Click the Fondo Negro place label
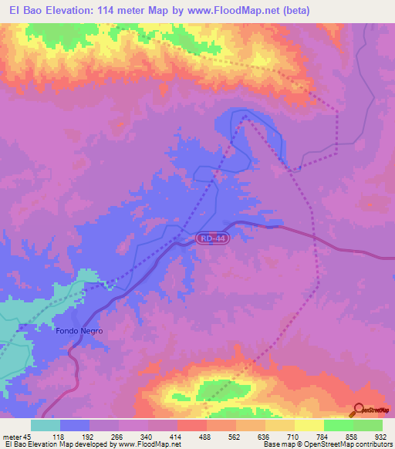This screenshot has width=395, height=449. click(79, 330)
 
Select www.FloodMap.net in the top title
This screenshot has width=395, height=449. click(240, 10)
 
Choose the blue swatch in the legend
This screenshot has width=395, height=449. click(75, 425)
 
